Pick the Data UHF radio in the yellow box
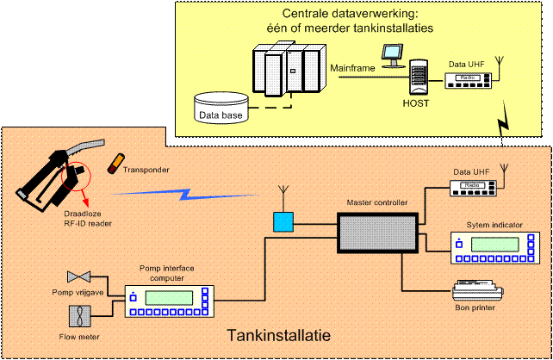(469, 79)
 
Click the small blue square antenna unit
(283, 222)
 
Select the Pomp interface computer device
(167, 301)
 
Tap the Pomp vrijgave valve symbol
(80, 276)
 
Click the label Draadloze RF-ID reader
(87, 219)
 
